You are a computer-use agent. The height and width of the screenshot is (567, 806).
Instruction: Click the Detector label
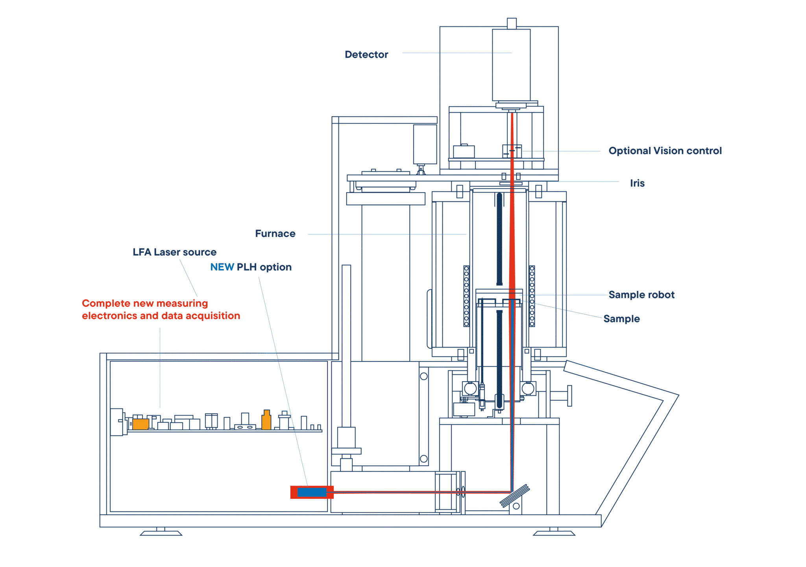tap(366, 54)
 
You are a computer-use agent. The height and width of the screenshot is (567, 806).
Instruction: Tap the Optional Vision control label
tap(665, 151)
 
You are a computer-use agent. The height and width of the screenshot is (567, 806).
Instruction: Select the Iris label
tap(637, 183)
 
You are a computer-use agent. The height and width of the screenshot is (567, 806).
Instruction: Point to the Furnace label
tap(275, 233)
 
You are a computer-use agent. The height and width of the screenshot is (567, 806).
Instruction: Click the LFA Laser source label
tap(174, 252)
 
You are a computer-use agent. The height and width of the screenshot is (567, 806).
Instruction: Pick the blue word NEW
tap(222, 267)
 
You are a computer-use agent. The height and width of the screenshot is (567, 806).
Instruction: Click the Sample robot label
tap(641, 295)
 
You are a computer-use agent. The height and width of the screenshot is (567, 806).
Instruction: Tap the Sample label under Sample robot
tap(621, 319)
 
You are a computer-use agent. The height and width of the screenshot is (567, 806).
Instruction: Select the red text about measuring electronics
tap(161, 309)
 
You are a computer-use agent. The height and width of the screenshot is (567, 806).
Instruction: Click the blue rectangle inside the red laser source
tap(312, 492)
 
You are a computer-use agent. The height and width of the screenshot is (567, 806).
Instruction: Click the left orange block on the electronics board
tap(140, 424)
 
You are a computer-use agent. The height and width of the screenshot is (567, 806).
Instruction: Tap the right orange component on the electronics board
tap(266, 420)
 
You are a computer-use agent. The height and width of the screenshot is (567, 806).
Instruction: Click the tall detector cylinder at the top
tap(511, 65)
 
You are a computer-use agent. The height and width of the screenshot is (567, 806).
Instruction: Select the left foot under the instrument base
tap(161, 532)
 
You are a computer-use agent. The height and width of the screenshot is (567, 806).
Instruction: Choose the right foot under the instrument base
tap(554, 532)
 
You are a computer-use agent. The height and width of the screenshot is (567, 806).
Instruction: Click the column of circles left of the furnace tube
tap(466, 296)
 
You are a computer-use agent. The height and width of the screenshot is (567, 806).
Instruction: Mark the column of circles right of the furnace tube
tap(532, 296)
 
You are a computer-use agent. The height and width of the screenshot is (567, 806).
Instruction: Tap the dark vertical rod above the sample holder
tap(499, 239)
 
